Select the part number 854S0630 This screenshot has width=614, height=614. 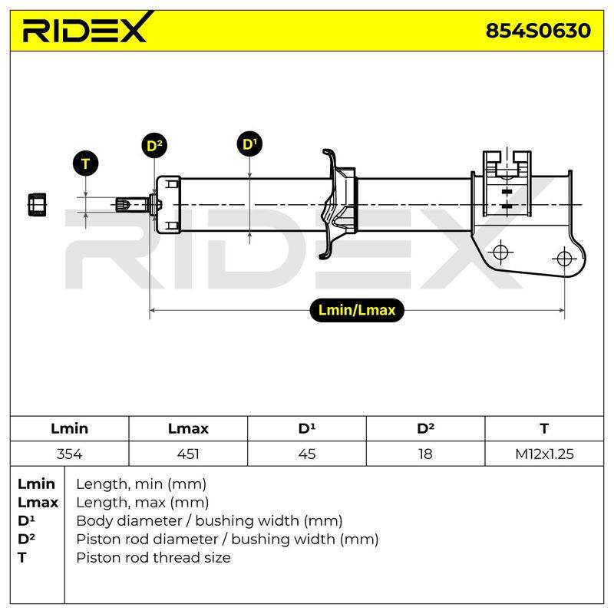538,31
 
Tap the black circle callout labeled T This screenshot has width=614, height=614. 85,163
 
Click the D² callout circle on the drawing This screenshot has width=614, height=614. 154,146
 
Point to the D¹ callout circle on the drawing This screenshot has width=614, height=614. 250,144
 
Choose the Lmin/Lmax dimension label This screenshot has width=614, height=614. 357,310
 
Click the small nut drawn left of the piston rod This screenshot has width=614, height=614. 37,204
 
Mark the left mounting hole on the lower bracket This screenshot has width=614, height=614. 500,252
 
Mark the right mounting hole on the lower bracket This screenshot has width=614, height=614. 564,259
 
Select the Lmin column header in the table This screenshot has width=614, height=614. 69,428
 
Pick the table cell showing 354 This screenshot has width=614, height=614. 69,454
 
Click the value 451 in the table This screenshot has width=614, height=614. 188,454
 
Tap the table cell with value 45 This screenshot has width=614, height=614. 306,454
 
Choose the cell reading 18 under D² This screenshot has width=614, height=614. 425,454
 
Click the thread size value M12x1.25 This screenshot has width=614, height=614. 544,454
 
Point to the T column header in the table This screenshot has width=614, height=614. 544,428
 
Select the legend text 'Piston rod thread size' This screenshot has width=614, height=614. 153,557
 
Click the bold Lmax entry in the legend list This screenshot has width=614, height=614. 38,502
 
